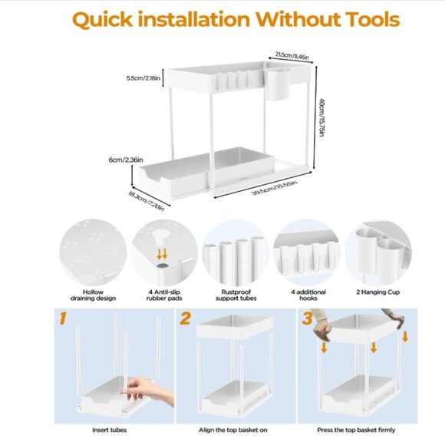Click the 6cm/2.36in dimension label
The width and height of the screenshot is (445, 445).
pyautogui.click(x=126, y=160)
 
